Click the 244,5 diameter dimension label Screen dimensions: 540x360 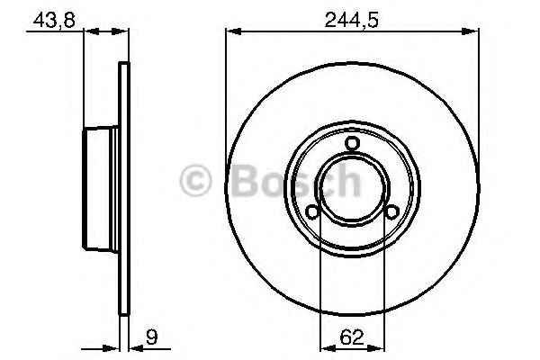[x=352, y=20]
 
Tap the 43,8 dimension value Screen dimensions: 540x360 [x=54, y=20]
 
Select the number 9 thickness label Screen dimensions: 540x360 [x=151, y=337]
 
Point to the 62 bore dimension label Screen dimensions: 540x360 [x=352, y=337]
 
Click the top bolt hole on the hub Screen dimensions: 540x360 [x=352, y=143]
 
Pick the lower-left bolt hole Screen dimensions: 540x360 [x=312, y=211]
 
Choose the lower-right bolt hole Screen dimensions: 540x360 [x=391, y=211]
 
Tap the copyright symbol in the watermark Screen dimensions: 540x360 [x=195, y=181]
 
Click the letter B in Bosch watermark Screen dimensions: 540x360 [x=244, y=181]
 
